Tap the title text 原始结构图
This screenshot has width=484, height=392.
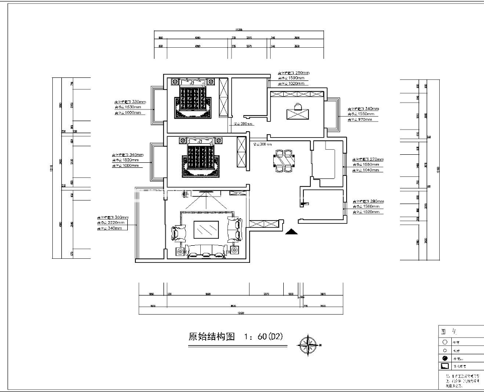[x=211, y=337]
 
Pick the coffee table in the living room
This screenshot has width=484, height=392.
[x=206, y=231]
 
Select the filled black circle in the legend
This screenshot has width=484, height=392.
[x=444, y=358]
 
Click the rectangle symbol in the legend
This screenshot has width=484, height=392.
[x=444, y=366]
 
